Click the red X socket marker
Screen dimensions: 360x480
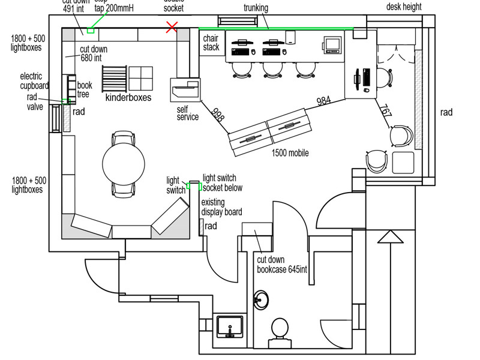pos(172,26)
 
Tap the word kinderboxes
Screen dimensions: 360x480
pos(128,97)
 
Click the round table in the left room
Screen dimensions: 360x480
pos(124,163)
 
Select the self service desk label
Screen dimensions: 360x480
pos(187,113)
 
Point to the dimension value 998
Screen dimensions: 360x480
pos(217,115)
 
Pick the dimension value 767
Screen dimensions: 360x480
pos(386,112)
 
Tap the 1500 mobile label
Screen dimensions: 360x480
pos(290,153)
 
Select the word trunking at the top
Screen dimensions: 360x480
pos(256,8)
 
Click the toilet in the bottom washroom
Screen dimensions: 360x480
pos(280,330)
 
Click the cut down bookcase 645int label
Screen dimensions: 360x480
pos(281,265)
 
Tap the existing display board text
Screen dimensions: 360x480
pos(221,207)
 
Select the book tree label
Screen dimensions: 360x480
pos(84,90)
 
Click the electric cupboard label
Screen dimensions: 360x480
pos(34,81)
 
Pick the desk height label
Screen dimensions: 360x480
pos(403,7)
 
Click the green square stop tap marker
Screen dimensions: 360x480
pos(91,29)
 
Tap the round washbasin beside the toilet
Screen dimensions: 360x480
pos(261,299)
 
